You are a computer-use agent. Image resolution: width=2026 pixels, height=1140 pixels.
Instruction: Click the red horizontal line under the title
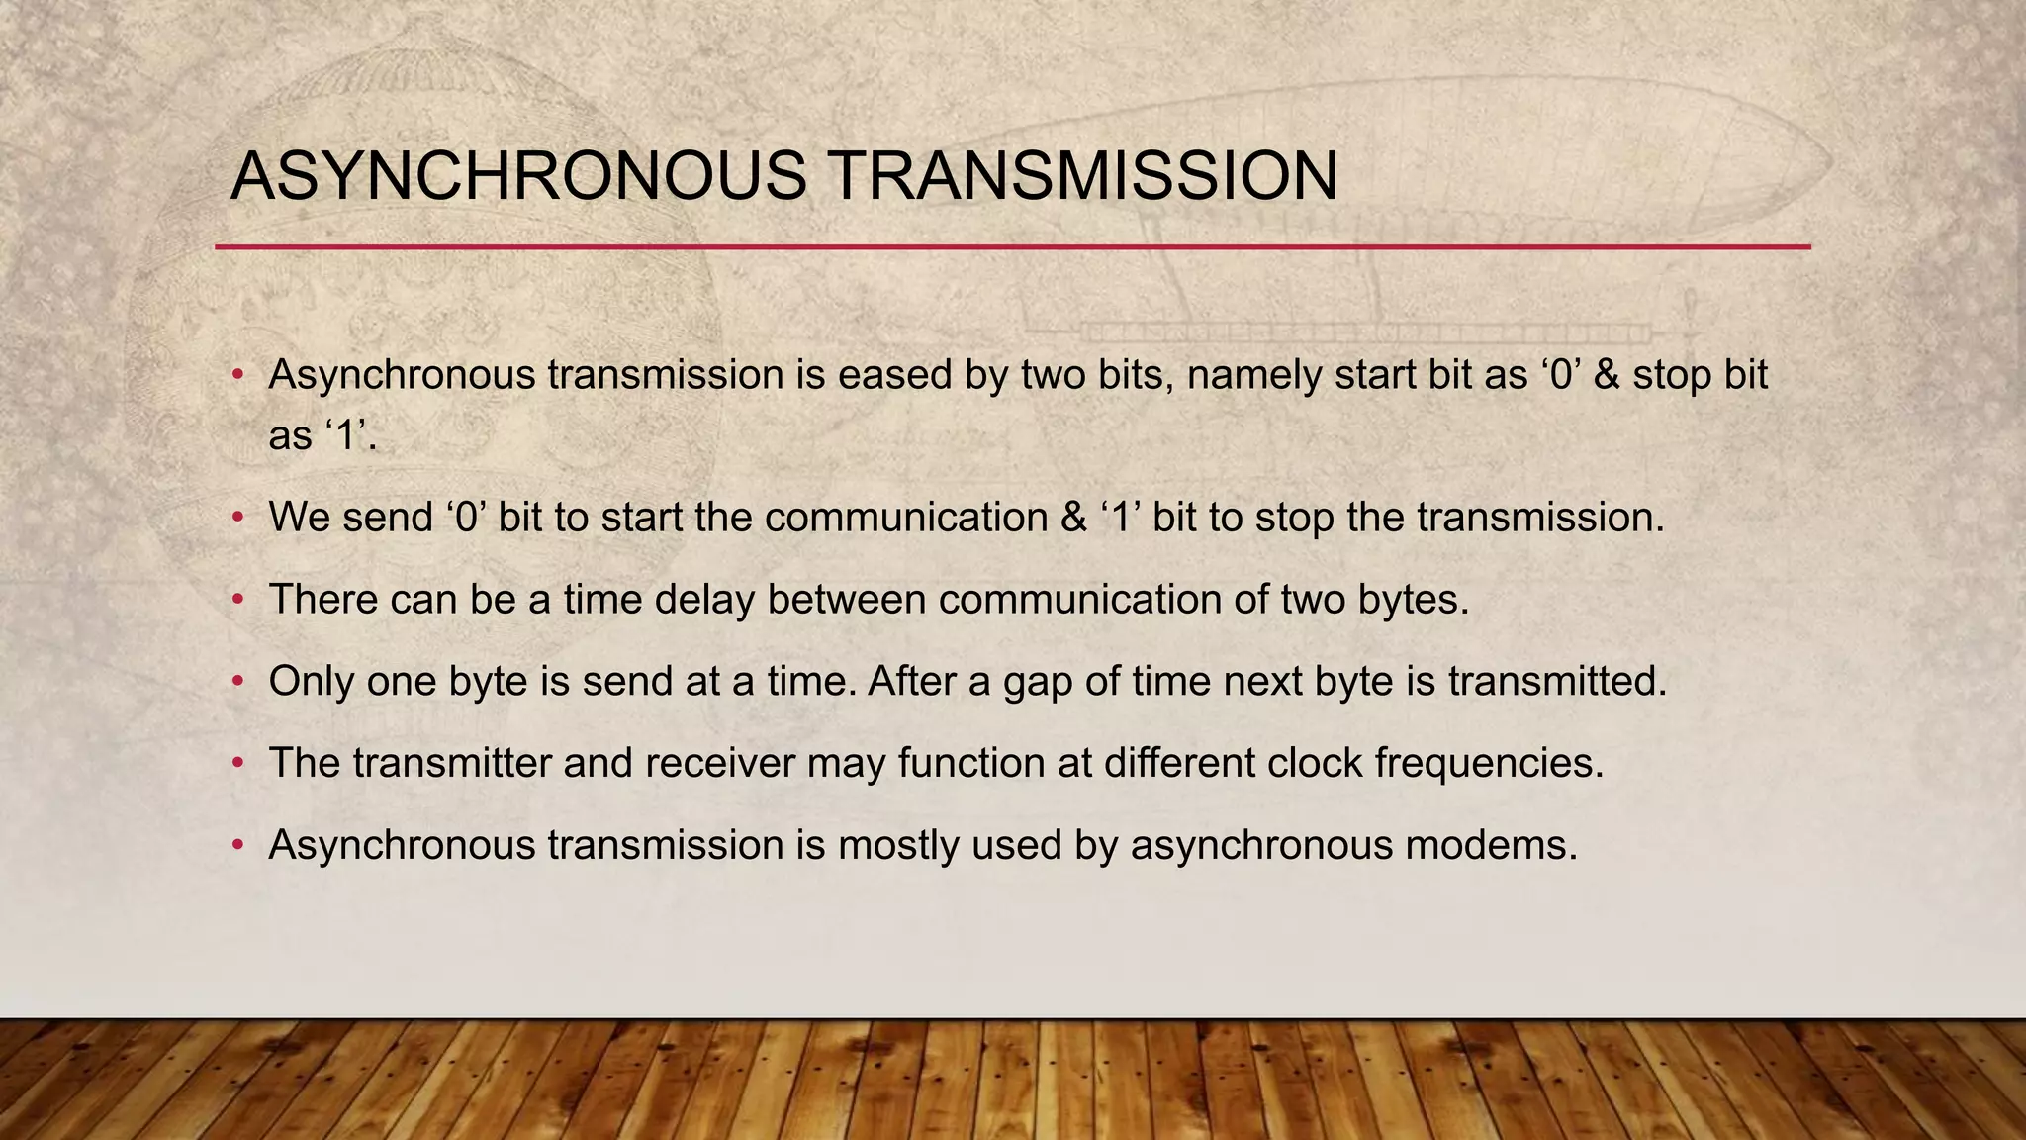click(x=1012, y=246)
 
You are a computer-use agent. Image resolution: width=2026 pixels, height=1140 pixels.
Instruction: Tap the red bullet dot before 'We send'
click(x=237, y=519)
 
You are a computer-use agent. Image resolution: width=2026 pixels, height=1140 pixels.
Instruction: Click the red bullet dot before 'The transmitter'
click(x=237, y=764)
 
